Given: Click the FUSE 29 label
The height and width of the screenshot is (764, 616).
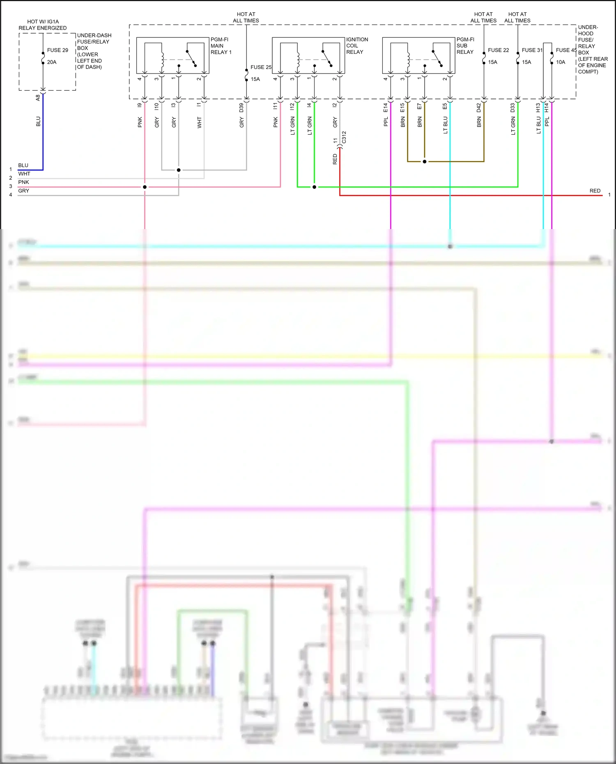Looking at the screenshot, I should point(57,50).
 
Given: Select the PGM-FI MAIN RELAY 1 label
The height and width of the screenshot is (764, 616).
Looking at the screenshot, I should point(221,46).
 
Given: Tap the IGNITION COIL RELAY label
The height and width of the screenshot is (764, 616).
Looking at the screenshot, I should point(357,46).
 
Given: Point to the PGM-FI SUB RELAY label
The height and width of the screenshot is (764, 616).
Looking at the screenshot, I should point(465,46).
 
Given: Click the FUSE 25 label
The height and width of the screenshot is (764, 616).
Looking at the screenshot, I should point(261,67).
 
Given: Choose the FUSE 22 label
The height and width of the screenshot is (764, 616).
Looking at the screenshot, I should point(498,50).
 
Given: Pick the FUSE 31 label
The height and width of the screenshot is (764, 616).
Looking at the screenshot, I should point(532,50).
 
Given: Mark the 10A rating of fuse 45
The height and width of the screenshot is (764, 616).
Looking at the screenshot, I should point(561,62).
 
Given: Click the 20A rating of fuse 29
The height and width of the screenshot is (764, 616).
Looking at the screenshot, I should point(52,62).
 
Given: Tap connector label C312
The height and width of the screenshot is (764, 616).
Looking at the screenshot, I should point(344,137).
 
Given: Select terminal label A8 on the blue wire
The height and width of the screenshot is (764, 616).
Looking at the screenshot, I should point(38,98).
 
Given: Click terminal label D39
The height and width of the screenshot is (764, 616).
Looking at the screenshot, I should point(241,108).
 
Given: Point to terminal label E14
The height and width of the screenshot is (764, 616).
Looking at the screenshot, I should point(386,108).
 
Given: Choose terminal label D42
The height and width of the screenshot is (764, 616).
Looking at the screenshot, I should point(479,108).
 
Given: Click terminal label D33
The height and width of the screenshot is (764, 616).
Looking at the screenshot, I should point(513,108).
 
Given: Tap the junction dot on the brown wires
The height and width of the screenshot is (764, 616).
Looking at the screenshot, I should point(425,162).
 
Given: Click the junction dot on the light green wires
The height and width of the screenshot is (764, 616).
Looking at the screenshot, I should point(314,187).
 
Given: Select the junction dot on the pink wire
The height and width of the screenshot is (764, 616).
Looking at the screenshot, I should point(145,187).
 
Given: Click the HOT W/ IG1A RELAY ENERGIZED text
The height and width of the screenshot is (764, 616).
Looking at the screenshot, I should point(43,25).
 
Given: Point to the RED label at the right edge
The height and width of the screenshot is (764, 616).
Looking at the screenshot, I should point(595,191).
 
